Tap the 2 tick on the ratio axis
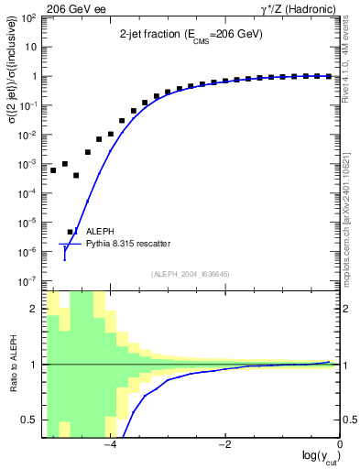click(35, 309)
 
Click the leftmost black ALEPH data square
click(53, 170)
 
